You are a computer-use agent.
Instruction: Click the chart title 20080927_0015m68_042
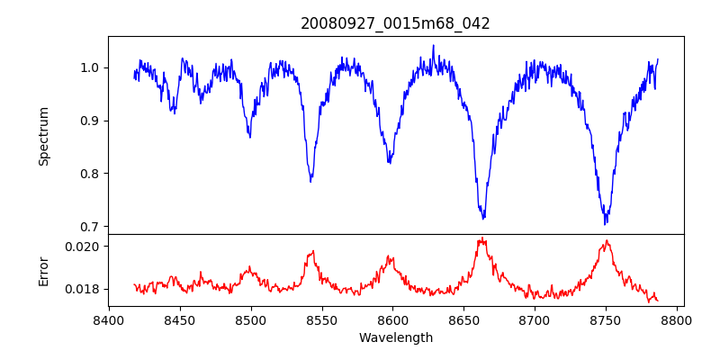pos(395,23)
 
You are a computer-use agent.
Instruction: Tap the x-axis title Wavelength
pos(395,337)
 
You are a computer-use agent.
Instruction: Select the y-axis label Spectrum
pos(43,136)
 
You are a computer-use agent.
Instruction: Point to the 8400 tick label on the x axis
pos(109,319)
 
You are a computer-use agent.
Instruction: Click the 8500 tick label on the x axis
pos(250,319)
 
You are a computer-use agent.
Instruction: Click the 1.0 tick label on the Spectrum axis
pos(91,67)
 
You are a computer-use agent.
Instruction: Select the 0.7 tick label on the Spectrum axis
pos(91,227)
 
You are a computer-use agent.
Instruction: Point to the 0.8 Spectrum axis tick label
pos(91,174)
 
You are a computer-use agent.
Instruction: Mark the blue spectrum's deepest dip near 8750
pos(606,223)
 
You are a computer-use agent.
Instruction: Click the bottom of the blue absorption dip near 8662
pos(483,219)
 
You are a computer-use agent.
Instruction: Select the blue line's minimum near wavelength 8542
pos(310,182)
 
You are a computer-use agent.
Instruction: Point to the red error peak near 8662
pos(482,238)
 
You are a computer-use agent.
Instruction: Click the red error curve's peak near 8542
pos(312,251)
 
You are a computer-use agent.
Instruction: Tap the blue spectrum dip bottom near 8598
pos(389,163)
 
